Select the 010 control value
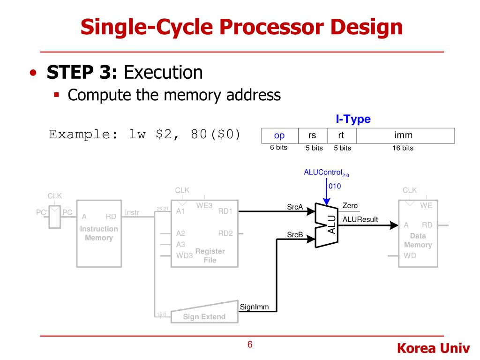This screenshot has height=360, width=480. [x=335, y=186]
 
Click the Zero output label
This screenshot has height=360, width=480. [x=350, y=206]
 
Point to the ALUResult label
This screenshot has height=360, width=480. [x=360, y=219]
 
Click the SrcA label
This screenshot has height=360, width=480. [x=295, y=207]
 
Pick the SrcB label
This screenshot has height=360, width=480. [x=295, y=234]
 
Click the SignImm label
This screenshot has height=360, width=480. [x=254, y=307]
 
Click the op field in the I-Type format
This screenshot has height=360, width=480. [x=279, y=135]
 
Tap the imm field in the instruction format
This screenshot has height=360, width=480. [x=404, y=135]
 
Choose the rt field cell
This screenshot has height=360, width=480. [x=342, y=135]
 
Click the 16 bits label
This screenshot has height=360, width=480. [x=403, y=148]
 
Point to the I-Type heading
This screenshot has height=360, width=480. [x=353, y=119]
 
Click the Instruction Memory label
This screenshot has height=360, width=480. [x=99, y=233]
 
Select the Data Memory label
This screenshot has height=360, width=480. [x=418, y=240]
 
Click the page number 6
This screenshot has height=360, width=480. [x=250, y=345]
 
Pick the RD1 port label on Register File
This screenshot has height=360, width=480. [x=225, y=211]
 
